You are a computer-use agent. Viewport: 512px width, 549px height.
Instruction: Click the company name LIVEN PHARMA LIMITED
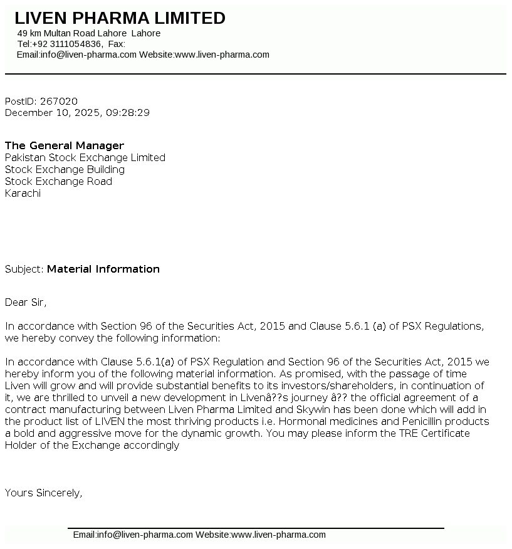point(120,18)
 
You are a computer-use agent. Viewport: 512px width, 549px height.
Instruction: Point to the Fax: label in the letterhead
point(117,44)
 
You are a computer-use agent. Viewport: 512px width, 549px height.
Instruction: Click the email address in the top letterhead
point(88,55)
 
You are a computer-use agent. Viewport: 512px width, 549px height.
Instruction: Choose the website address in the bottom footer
point(279,535)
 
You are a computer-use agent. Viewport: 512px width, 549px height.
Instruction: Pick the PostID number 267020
point(59,101)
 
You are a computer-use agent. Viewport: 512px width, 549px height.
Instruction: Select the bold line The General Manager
point(65,145)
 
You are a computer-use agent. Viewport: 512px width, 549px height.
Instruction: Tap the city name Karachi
point(23,193)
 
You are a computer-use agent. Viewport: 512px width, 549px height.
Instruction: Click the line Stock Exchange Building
point(65,169)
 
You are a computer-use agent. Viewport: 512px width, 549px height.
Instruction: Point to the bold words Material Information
point(103,269)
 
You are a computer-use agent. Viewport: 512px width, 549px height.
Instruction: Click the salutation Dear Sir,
point(26,302)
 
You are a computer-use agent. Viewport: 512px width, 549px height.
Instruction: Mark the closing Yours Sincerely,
point(43,493)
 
